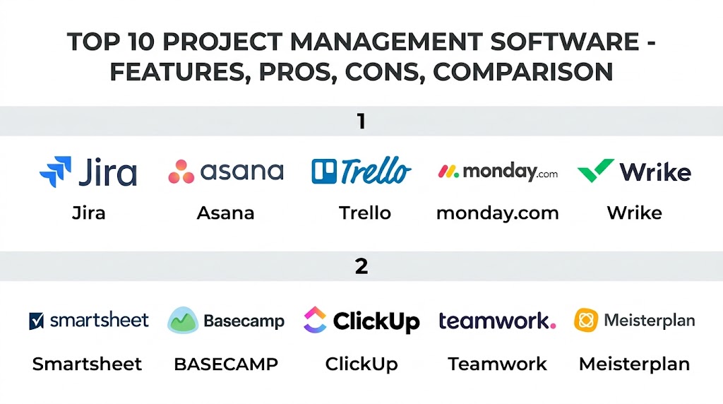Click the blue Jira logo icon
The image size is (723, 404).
click(x=56, y=172)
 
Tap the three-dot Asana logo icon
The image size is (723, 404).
click(x=181, y=172)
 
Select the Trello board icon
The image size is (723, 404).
click(x=324, y=172)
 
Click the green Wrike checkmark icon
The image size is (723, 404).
click(x=595, y=170)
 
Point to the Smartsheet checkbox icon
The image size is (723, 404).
click(x=37, y=321)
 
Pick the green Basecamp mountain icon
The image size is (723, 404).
click(x=183, y=320)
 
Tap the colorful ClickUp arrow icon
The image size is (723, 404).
click(x=315, y=320)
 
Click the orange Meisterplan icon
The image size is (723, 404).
click(x=586, y=320)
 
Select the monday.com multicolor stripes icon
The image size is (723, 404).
click(x=448, y=172)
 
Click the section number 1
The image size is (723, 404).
click(x=361, y=121)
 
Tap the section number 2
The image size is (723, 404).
click(x=361, y=266)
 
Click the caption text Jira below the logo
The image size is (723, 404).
click(x=89, y=213)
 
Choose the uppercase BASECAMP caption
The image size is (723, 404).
click(x=226, y=364)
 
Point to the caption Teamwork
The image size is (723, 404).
click(x=498, y=364)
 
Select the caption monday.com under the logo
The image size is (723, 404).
click(x=498, y=213)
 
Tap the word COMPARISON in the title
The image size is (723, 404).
click(x=523, y=73)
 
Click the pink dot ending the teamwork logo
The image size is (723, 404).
click(x=553, y=326)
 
